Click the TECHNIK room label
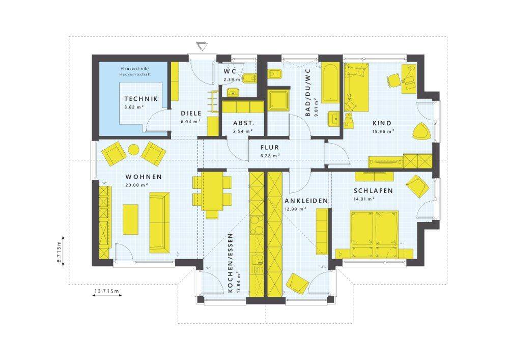pyautogui.click(x=141, y=99)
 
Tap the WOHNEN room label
pyautogui.click(x=144, y=177)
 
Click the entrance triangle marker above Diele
pyautogui.click(x=202, y=46)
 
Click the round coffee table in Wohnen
pyautogui.click(x=133, y=150)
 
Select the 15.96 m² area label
pyautogui.click(x=383, y=131)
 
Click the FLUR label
pyautogui.click(x=269, y=147)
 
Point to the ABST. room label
pyautogui.click(x=244, y=123)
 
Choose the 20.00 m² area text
pyautogui.click(x=136, y=185)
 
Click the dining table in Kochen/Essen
pyautogui.click(x=212, y=191)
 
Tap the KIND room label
pyautogui.click(x=382, y=123)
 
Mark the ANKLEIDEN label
pyautogui.click(x=306, y=201)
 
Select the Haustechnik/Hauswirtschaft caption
pyautogui.click(x=136, y=71)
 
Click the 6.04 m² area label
pyautogui.click(x=190, y=122)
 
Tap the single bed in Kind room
pyautogui.click(x=356, y=87)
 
